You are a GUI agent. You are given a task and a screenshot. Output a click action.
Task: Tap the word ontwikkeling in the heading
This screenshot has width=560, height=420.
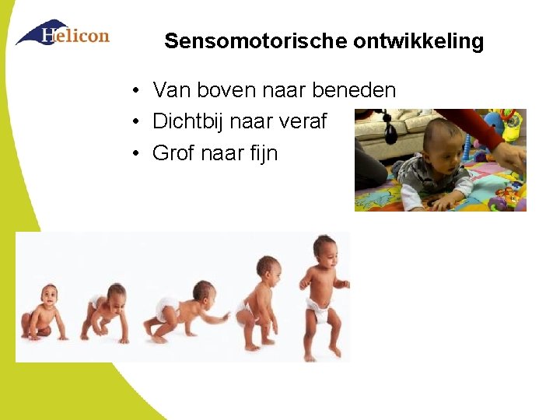[418, 41]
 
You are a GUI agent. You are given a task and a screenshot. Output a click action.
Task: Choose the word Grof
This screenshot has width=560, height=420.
[173, 152]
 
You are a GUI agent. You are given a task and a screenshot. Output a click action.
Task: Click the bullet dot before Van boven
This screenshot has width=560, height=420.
[135, 91]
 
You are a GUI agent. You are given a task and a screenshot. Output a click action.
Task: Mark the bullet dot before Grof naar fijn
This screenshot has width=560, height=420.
[135, 153]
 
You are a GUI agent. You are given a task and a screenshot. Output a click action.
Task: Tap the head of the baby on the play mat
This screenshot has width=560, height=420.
[439, 140]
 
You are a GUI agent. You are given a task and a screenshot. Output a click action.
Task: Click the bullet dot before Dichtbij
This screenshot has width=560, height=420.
[135, 122]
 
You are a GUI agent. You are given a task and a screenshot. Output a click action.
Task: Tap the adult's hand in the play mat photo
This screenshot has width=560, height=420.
[509, 156]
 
